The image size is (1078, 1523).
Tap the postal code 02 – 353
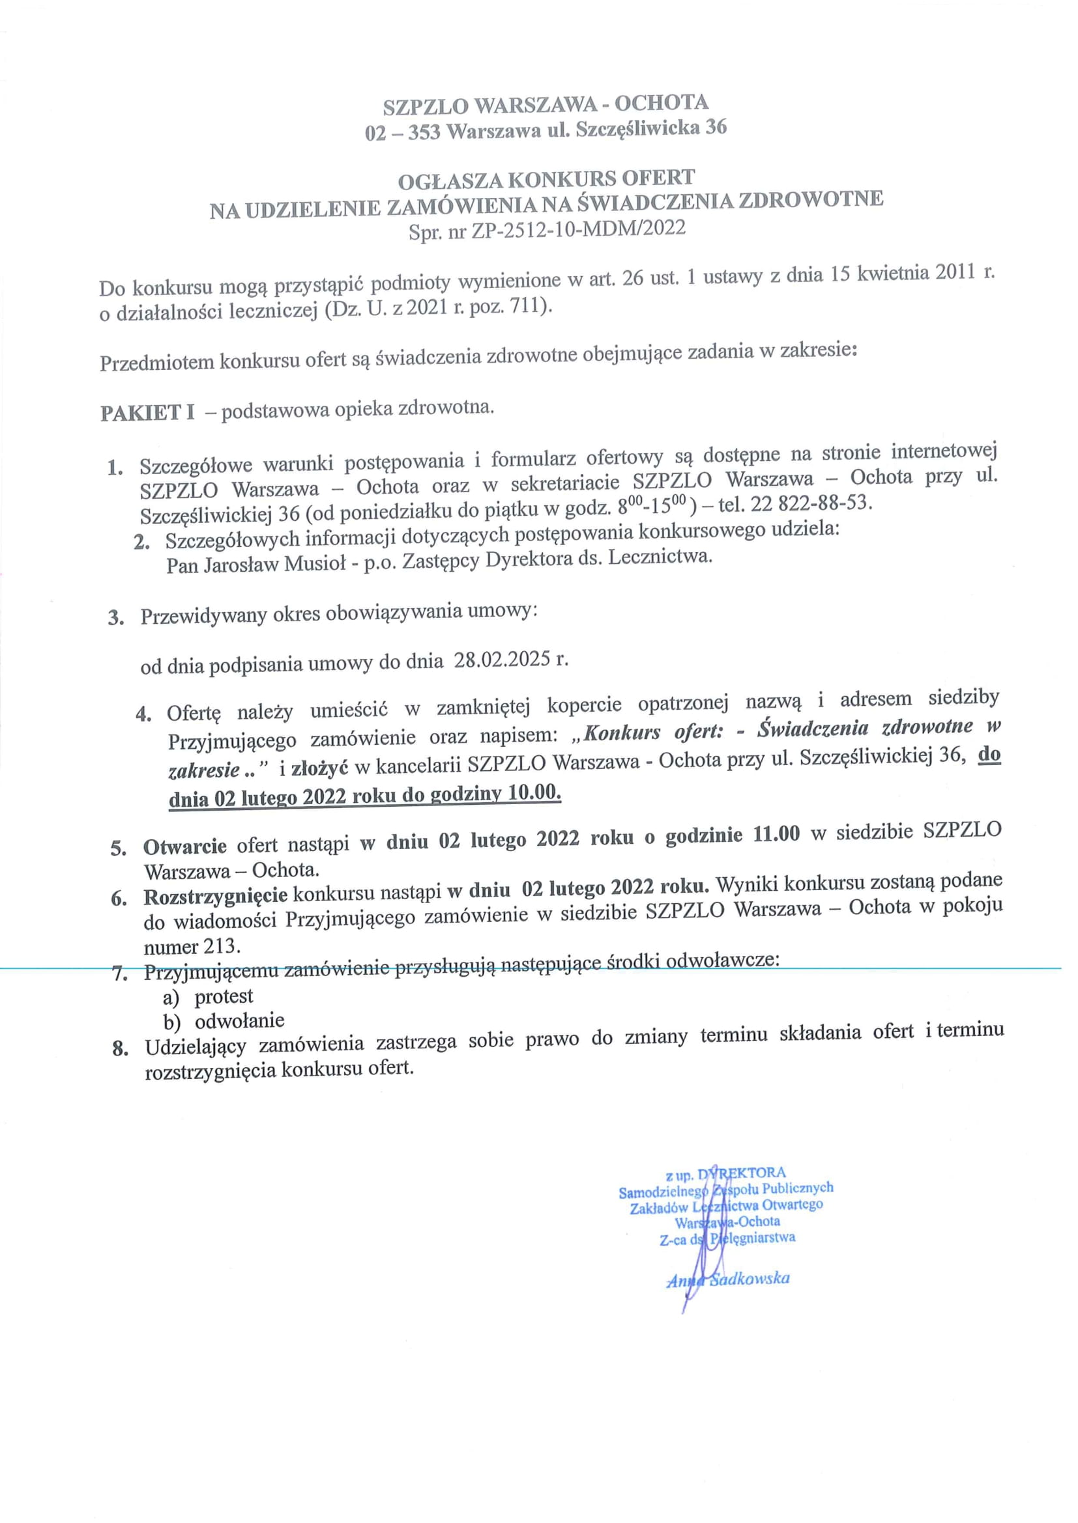coord(402,133)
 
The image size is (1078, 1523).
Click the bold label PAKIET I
coord(147,413)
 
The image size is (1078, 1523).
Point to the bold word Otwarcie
coord(184,846)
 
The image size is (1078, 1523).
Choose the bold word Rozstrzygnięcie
coord(215,896)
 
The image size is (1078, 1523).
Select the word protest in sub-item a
coord(224,996)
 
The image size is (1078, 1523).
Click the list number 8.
coord(119,1050)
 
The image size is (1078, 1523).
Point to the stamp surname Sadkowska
coord(750,1278)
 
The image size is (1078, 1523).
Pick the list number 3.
coord(116,618)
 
